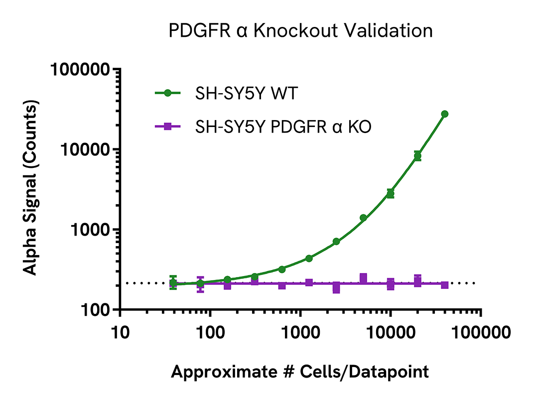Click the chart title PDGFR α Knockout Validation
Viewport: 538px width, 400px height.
click(x=300, y=31)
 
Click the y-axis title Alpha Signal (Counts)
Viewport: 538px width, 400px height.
click(x=31, y=189)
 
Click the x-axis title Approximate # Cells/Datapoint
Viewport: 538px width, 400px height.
click(x=300, y=371)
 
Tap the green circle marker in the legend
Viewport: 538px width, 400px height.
click(x=168, y=93)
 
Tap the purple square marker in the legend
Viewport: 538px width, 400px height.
click(x=168, y=128)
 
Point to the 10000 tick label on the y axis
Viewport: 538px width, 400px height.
click(x=85, y=149)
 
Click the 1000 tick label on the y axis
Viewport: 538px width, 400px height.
click(x=89, y=230)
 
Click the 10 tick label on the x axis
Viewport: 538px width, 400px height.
click(x=120, y=331)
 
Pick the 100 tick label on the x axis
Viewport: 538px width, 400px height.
click(x=210, y=331)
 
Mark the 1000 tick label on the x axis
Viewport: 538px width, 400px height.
click(x=300, y=331)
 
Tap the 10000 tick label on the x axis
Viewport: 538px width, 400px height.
click(x=390, y=331)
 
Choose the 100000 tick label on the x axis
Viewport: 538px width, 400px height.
click(x=480, y=331)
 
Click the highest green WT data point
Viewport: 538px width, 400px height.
click(x=444, y=114)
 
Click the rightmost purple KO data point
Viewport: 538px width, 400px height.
click(x=444, y=285)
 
